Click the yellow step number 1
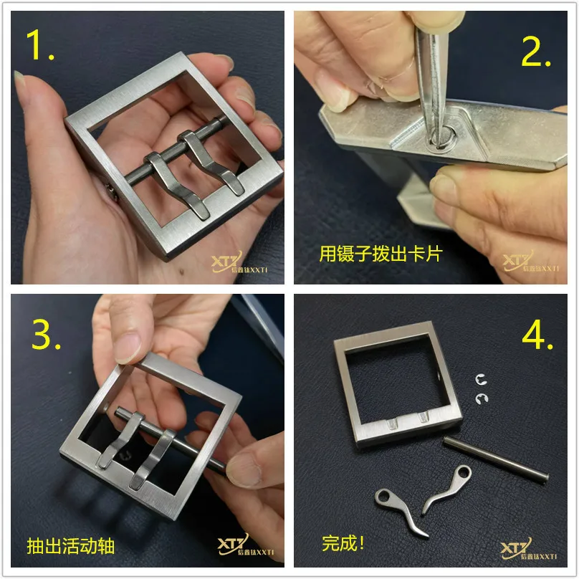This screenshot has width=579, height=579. [x=39, y=44]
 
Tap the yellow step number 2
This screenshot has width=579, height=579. [x=536, y=52]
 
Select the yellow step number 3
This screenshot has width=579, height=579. [x=46, y=335]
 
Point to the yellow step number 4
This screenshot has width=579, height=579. [x=537, y=335]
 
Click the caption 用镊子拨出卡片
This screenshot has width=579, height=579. [x=381, y=254]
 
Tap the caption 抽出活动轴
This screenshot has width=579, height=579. [x=70, y=546]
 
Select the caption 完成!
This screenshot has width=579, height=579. [x=343, y=543]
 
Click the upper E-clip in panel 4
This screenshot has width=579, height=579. [x=481, y=380]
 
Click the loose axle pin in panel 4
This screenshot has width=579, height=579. [x=496, y=459]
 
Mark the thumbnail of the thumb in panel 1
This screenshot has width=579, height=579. [x=19, y=78]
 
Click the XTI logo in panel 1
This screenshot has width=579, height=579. [x=239, y=262]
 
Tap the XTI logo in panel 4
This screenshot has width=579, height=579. [x=528, y=549]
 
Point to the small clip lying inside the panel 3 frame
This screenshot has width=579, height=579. [x=125, y=456]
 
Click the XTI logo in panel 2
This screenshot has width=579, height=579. [x=530, y=261]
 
